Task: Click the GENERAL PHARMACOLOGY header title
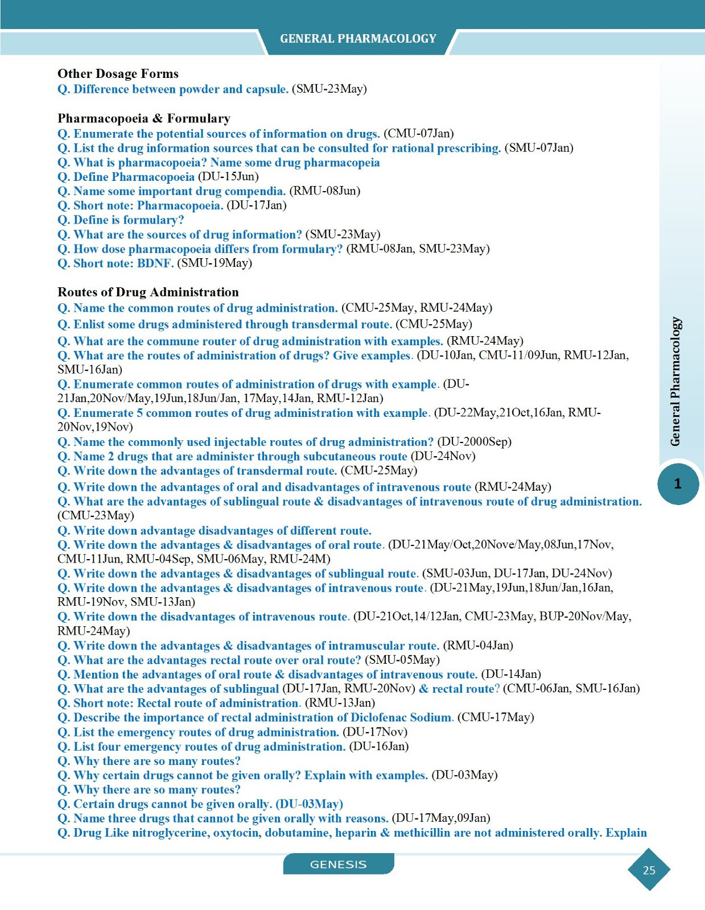[358, 39]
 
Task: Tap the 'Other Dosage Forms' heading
[118, 74]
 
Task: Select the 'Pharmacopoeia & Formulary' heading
[144, 118]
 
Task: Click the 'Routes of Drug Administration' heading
[148, 292]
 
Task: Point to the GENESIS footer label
[338, 864]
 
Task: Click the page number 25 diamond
[649, 870]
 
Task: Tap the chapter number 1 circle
[678, 484]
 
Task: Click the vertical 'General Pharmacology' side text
[675, 381]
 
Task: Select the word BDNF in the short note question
[155, 263]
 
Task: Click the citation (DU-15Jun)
[228, 177]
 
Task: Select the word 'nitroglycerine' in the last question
[170, 833]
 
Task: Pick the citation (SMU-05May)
[402, 660]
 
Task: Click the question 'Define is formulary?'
[129, 220]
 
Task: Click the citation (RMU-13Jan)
[340, 704]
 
